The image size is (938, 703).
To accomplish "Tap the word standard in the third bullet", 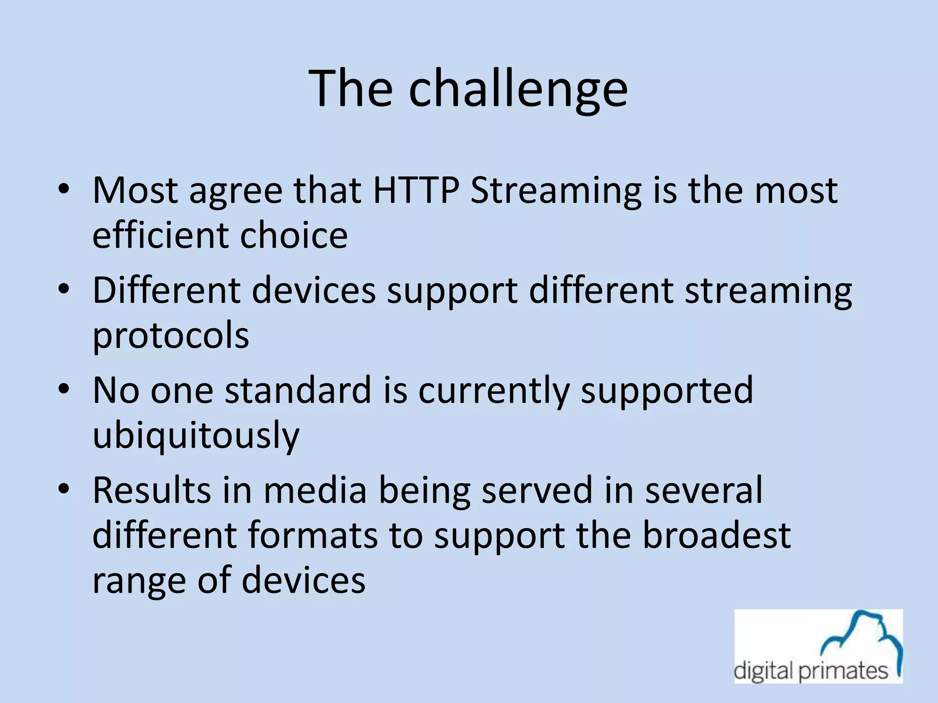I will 298,390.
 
